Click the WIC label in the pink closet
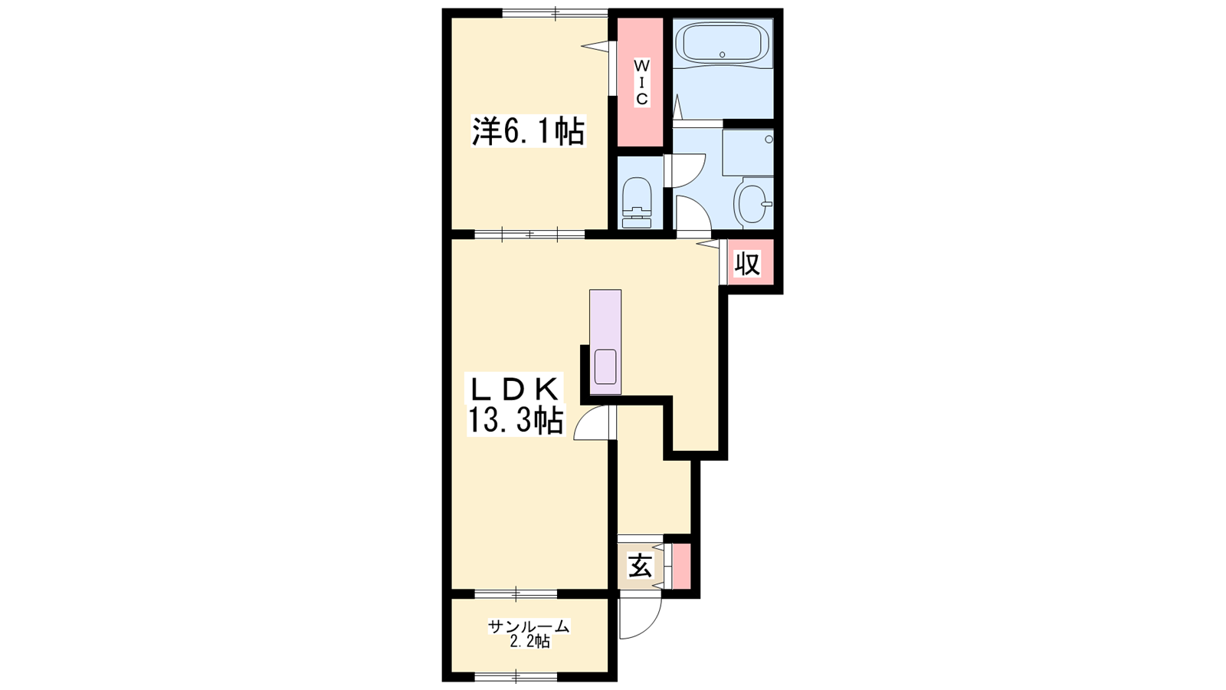pos(641,83)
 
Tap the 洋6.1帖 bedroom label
pos(528,131)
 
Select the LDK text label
pos(513,389)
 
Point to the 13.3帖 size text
pos(515,421)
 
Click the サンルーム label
pos(529,626)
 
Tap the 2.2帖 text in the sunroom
pos(529,642)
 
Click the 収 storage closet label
pos(747,264)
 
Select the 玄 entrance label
pos(641,567)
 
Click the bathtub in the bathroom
pos(723,43)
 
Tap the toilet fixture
pos(637,202)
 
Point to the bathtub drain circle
pos(723,54)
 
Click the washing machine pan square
pos(748,153)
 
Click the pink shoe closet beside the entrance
pos(681,567)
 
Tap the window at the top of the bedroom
pos(555,13)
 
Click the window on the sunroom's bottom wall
pos(516,676)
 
